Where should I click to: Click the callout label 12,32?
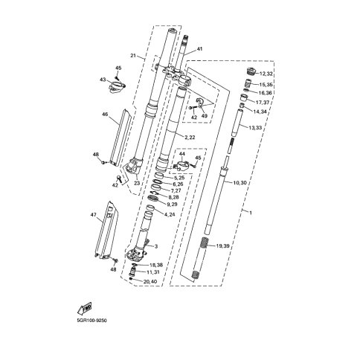266,74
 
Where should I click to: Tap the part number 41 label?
199,49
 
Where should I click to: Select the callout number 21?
133,56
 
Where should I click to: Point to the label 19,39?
223,246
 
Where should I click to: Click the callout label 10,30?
240,183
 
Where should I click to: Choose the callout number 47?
94,215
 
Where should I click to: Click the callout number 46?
105,115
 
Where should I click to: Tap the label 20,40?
150,281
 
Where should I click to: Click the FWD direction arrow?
85,309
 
